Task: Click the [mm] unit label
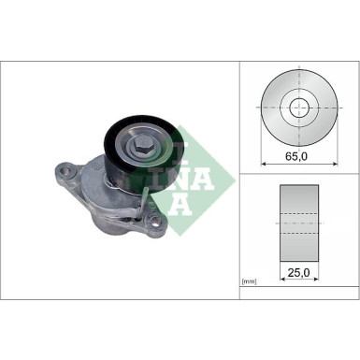pyautogui.click(x=250, y=281)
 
